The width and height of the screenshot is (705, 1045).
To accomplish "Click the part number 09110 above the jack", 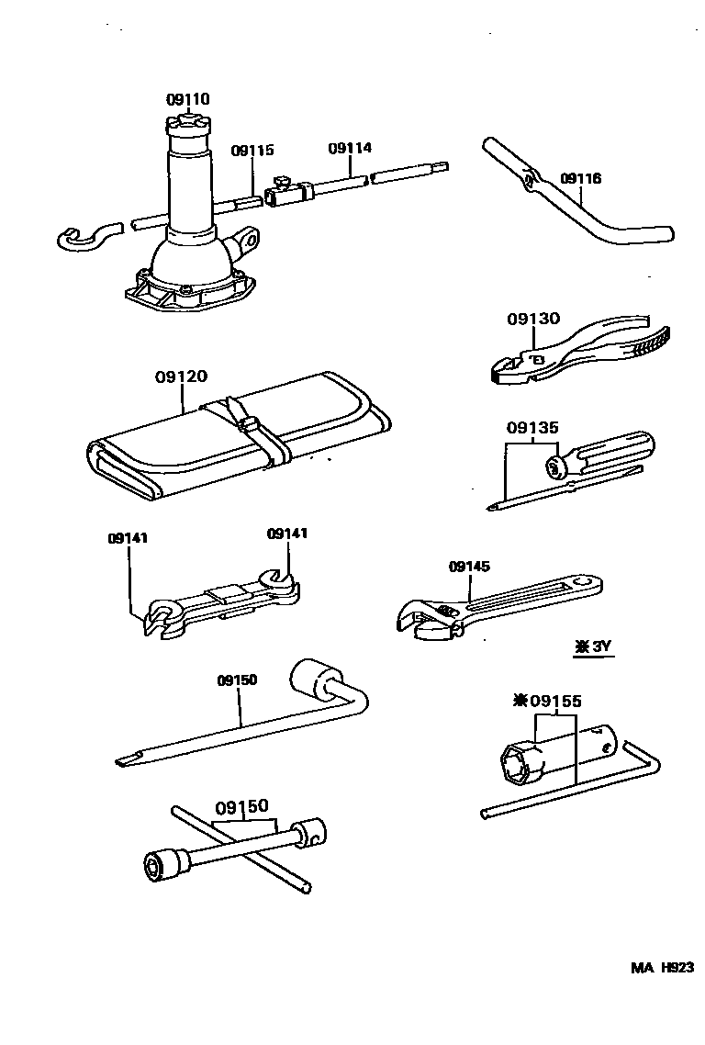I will [x=188, y=99].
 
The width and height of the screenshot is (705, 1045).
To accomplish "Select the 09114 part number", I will [x=350, y=148].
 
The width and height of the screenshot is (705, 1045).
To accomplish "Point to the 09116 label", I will [x=580, y=179].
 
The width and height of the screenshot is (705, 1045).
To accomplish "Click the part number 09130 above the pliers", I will [x=532, y=319].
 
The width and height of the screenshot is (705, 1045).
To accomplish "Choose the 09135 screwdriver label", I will [x=532, y=427].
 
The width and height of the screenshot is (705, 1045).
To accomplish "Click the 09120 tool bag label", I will [x=181, y=376].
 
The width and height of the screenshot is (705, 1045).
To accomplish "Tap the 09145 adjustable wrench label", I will [x=471, y=567].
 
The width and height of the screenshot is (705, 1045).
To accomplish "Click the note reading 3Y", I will [x=593, y=646].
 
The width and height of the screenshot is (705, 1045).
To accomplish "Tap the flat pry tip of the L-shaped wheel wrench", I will [x=125, y=760].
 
